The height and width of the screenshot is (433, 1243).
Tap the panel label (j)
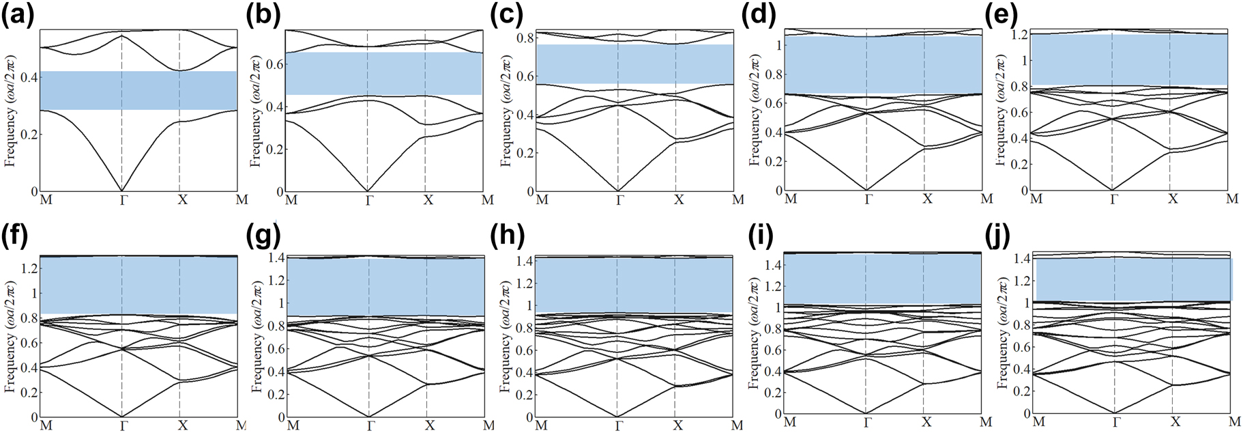[x=1000, y=236]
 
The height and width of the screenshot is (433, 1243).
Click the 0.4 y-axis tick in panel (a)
[x=29, y=78]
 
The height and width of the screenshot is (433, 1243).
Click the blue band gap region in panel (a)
[x=138, y=90]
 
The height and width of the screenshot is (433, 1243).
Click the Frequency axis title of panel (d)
[x=755, y=111]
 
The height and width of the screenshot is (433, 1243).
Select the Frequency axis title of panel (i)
[x=755, y=335]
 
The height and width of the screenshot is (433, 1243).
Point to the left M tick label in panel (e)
[x=1036, y=199]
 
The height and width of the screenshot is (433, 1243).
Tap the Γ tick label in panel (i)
[x=867, y=422]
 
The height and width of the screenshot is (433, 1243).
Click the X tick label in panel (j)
[x=1175, y=422]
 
